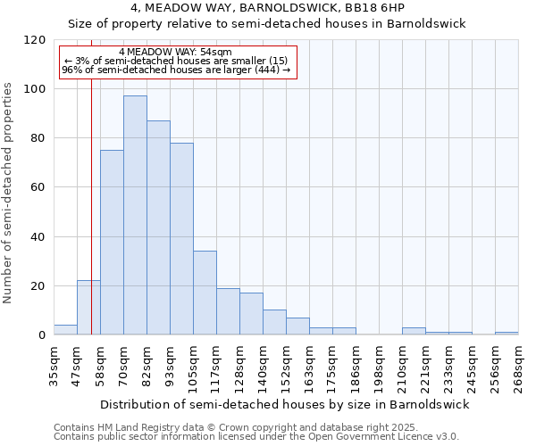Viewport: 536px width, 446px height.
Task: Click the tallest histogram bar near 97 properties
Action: (135, 215)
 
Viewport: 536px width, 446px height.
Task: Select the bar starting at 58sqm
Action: (112, 243)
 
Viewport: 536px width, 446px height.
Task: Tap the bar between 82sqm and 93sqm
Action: (158, 227)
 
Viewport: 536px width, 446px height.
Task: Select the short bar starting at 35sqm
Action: (65, 330)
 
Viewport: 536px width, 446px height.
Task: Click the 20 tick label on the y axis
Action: (38, 286)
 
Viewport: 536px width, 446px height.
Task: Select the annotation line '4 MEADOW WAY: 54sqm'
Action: (175, 52)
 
